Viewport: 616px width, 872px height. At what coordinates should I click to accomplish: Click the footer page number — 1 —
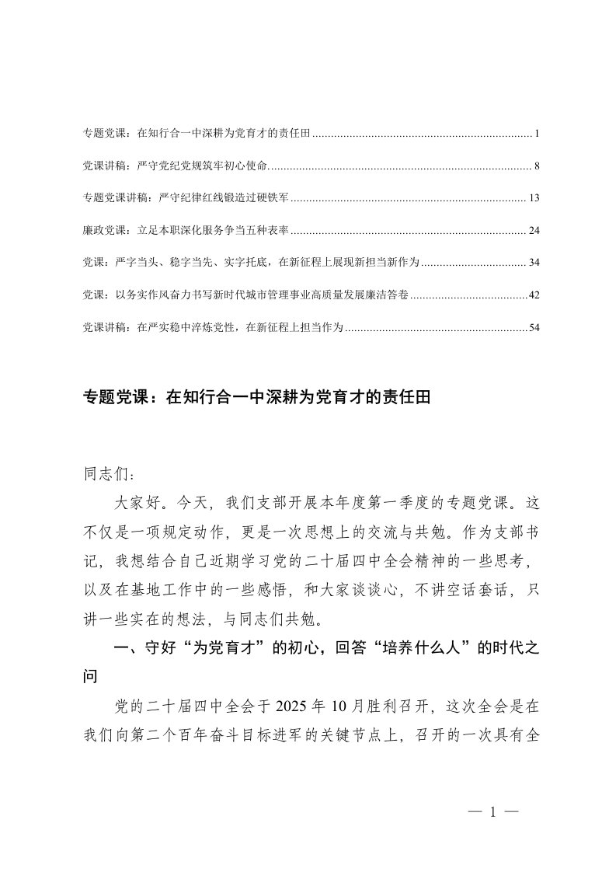coord(492,813)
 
